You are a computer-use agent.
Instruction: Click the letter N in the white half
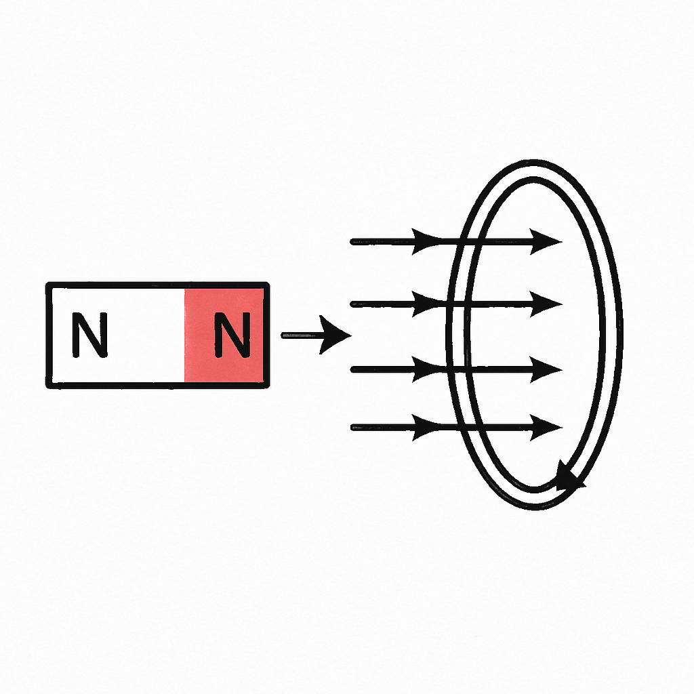(90, 335)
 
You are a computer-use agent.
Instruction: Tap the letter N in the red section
(232, 335)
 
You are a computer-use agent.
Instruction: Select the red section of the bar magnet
(224, 335)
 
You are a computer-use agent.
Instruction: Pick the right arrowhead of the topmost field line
(546, 242)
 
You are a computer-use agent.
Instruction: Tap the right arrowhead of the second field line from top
(546, 304)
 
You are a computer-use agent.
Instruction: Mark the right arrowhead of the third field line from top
(546, 369)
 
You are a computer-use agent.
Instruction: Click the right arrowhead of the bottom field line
(546, 428)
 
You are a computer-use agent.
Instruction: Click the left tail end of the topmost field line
(352, 242)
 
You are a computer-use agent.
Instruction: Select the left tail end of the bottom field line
(352, 428)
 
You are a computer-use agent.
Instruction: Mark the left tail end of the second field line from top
(352, 304)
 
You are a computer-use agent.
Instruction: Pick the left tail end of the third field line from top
(352, 369)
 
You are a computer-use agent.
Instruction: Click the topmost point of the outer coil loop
(534, 161)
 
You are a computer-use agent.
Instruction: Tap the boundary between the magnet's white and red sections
(184, 335)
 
